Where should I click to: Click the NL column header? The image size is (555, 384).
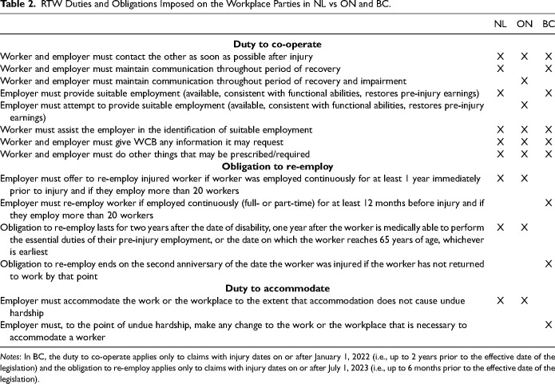tap(501, 25)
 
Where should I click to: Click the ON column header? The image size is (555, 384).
tap(525, 25)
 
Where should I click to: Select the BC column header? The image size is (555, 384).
tap(548, 25)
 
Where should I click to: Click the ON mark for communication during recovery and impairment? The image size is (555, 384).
tap(525, 81)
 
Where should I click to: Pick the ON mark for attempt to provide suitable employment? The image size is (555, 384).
tap(525, 105)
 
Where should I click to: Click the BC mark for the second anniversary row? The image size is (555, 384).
tap(548, 261)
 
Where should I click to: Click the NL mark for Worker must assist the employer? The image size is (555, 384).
tap(501, 129)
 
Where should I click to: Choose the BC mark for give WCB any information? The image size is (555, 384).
tap(548, 141)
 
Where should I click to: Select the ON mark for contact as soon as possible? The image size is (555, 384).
tap(525, 57)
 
